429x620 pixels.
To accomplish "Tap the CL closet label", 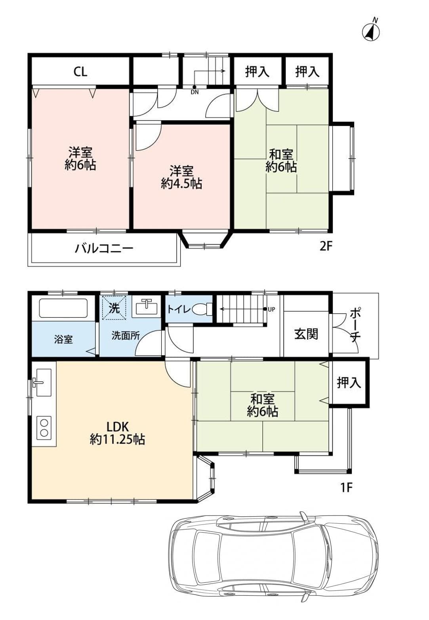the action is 80,72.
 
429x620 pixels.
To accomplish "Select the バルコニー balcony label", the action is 104,248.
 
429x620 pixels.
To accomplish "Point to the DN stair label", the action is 194,92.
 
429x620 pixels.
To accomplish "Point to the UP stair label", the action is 271,310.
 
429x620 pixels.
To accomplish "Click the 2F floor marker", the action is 326,246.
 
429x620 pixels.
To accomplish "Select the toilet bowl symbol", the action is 202,309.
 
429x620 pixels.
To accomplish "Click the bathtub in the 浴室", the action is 63,308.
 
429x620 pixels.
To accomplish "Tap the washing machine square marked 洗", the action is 114,308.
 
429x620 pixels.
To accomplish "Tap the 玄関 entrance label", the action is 306,334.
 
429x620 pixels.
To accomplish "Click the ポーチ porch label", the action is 355,325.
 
